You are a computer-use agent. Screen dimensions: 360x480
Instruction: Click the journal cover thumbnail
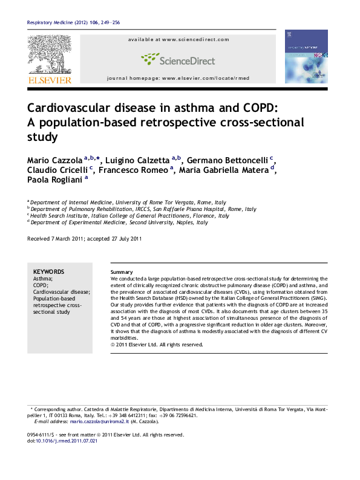pos(306,56)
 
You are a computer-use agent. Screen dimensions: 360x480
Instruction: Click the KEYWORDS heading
pos(48,272)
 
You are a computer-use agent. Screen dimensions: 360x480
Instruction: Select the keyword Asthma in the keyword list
pos(42,279)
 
